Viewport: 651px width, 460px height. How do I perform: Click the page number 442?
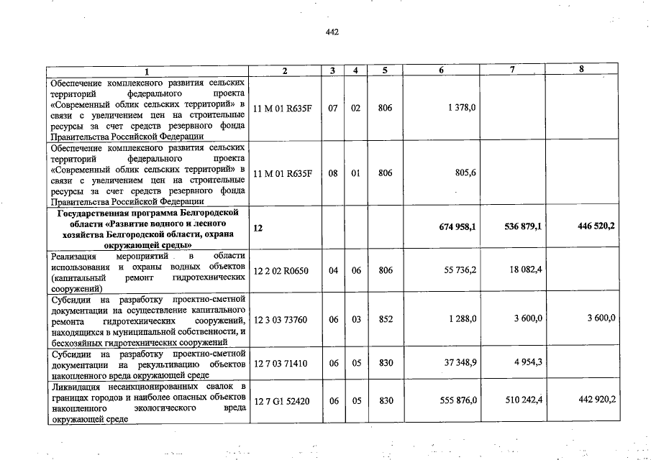pos(332,32)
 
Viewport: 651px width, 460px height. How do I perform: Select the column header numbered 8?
pos(581,69)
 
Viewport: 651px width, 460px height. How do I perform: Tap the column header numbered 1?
pos(148,70)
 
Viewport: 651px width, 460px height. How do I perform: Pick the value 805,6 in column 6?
pos(463,172)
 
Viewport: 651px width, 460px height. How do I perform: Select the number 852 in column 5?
pos(386,319)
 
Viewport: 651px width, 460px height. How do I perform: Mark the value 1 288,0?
pos(461,319)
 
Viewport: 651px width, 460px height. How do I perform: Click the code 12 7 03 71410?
pos(281,363)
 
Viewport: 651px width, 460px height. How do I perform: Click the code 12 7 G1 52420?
pos(281,400)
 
